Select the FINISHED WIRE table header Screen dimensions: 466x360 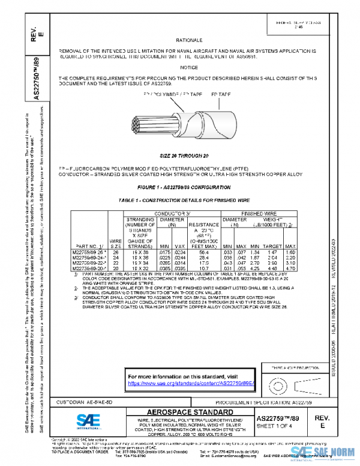point(259,213)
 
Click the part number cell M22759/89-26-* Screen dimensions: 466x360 point(89,252)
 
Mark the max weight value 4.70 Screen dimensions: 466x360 point(290,268)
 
